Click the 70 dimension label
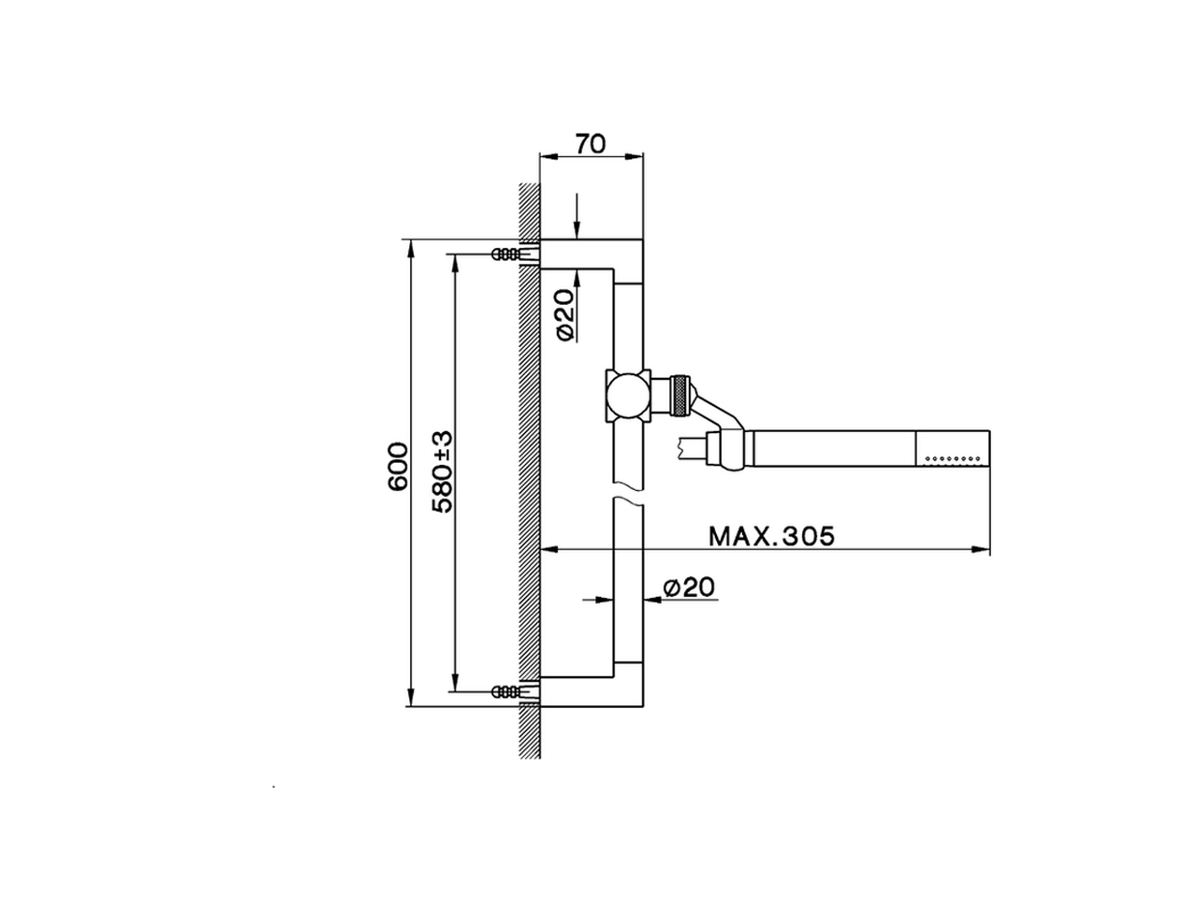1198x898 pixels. (591, 144)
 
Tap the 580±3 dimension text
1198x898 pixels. (443, 471)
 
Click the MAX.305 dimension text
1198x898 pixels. (771, 537)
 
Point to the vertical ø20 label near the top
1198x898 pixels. (566, 314)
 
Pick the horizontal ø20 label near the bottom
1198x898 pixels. (688, 587)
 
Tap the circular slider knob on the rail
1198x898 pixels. (628, 396)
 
